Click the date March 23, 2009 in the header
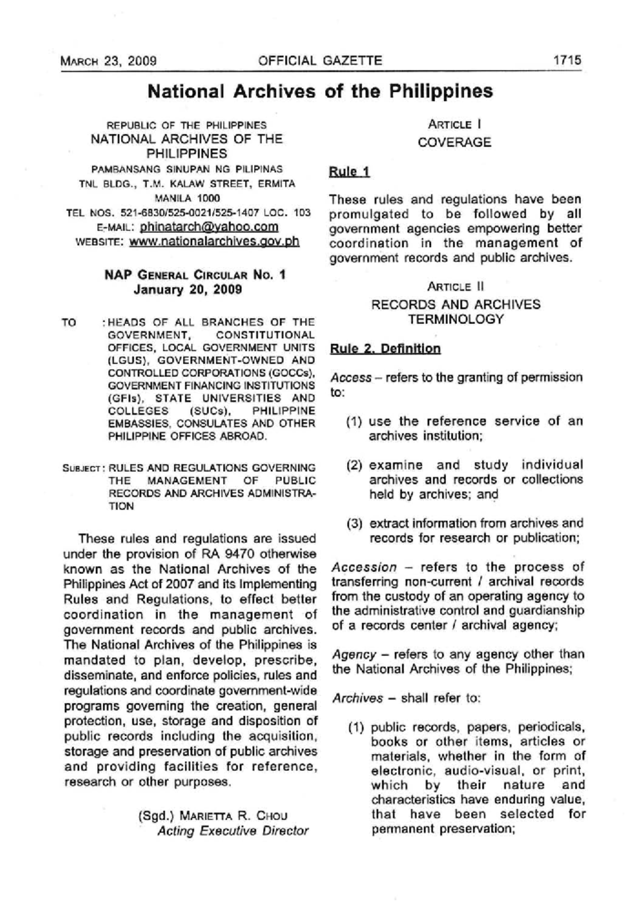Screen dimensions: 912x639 pos(108,61)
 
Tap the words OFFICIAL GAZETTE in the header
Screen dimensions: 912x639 pos(320,60)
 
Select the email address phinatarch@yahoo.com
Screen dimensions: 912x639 pos(209,227)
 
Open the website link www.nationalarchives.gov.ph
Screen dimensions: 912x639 pos(214,241)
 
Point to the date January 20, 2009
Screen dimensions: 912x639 pos(187,290)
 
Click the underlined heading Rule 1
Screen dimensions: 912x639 pos(349,172)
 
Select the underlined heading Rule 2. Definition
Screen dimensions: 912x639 pos(385,349)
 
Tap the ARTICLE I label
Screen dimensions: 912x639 pos(454,125)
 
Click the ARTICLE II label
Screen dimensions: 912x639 pos(455,287)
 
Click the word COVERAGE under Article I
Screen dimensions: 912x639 pos(454,143)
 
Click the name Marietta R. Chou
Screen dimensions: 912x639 pos(234,816)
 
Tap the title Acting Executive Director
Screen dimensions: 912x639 pos(233,830)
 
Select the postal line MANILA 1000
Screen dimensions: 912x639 pos(187,198)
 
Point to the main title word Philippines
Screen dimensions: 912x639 pos(440,91)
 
